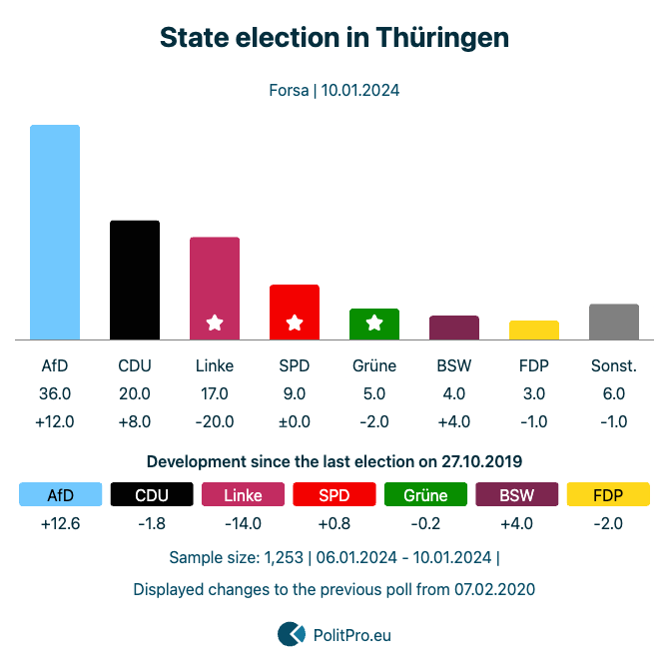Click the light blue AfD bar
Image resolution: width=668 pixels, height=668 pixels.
tap(55, 232)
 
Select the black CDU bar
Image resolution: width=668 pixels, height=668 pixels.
tap(135, 280)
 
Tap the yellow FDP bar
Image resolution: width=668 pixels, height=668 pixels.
tap(534, 331)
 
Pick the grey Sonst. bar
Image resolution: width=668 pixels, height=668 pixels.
tap(614, 322)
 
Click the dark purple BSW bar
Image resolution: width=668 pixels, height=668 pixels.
tap(454, 328)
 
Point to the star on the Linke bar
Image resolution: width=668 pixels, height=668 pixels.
tap(215, 323)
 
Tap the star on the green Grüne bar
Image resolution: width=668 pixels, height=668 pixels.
tap(374, 323)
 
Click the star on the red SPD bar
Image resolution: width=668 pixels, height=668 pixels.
tap(295, 323)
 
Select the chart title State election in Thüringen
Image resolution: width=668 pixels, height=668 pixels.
tap(334, 38)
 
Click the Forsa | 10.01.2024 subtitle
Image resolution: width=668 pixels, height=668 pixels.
tap(334, 90)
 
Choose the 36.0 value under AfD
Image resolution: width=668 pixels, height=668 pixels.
tap(55, 393)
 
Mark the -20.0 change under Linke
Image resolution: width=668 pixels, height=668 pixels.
tap(215, 421)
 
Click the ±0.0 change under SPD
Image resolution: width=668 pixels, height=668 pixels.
tap(295, 421)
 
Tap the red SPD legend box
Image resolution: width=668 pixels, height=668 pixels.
tap(334, 495)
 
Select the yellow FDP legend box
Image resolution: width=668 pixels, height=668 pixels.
tap(607, 495)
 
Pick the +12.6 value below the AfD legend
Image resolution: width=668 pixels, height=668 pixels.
tap(61, 523)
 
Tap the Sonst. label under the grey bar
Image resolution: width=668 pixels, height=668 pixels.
tap(614, 365)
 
